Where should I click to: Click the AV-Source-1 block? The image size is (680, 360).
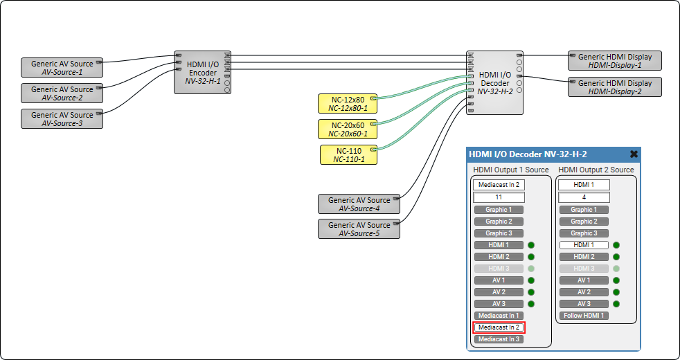(62, 68)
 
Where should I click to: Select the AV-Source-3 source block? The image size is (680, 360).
(62, 119)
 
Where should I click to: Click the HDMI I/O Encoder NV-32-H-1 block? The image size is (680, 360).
(202, 72)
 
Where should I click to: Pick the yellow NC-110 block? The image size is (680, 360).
(349, 154)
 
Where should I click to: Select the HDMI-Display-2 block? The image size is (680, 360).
(614, 87)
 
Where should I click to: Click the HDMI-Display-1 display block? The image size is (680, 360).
(614, 61)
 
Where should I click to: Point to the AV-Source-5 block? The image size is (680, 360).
(359, 229)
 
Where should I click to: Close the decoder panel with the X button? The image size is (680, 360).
(634, 154)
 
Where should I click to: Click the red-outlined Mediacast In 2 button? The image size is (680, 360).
(499, 327)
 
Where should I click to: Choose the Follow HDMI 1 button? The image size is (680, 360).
(584, 316)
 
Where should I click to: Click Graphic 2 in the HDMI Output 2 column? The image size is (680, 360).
(584, 222)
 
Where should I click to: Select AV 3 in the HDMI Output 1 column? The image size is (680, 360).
(499, 304)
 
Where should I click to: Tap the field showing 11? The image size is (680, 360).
(499, 197)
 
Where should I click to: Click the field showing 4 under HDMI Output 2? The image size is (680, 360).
(584, 197)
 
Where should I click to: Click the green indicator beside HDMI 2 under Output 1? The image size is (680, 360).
(531, 257)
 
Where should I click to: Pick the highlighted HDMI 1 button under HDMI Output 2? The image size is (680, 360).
(584, 245)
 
